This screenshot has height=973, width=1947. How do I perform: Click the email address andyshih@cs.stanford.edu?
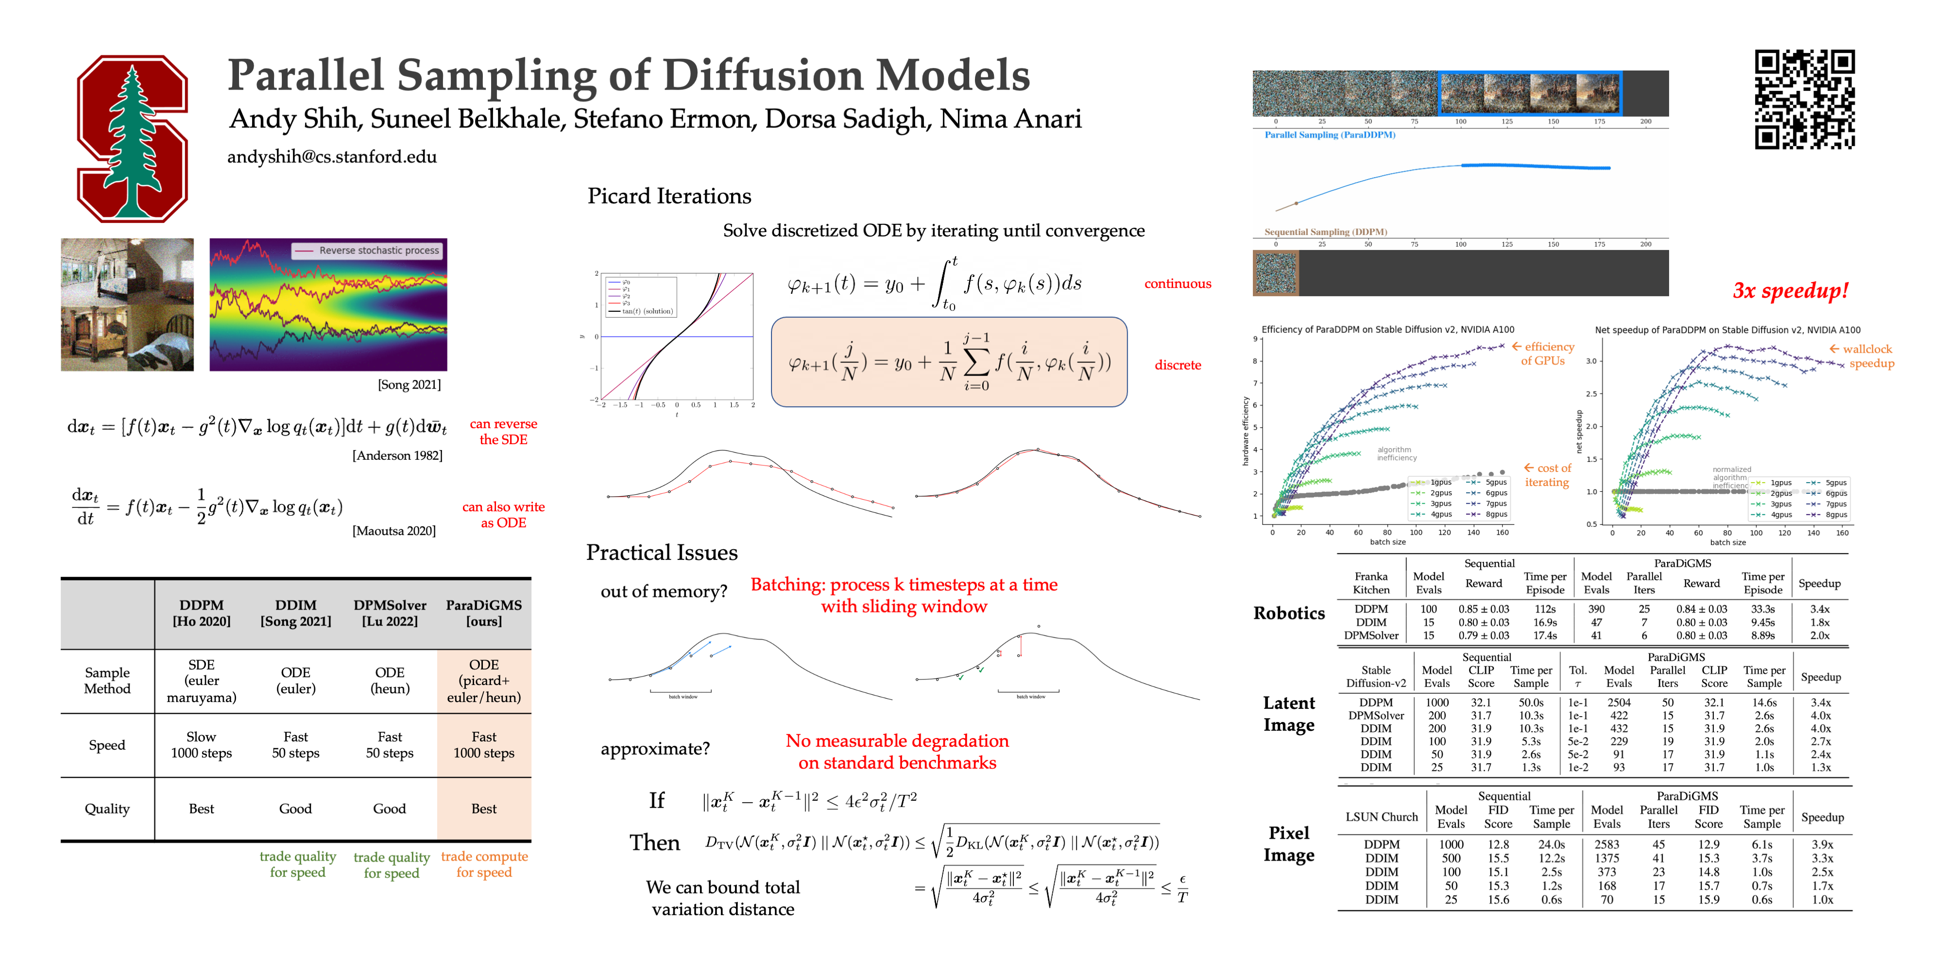coord(332,157)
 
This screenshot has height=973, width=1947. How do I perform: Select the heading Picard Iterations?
coord(669,197)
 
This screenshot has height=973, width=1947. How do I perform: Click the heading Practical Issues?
coord(661,553)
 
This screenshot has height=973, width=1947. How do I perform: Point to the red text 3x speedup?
coord(1790,291)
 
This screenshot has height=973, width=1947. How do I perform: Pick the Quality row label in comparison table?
coord(107,809)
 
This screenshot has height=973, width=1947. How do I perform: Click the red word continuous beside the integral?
coord(1177,284)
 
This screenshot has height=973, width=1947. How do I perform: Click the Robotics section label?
coord(1289,613)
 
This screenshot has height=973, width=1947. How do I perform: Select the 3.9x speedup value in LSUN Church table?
coord(1821,845)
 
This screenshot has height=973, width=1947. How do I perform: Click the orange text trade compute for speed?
coord(484,864)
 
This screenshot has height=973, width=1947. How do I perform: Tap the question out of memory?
coord(663,592)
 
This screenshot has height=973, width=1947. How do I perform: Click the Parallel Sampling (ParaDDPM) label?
coord(1329,135)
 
